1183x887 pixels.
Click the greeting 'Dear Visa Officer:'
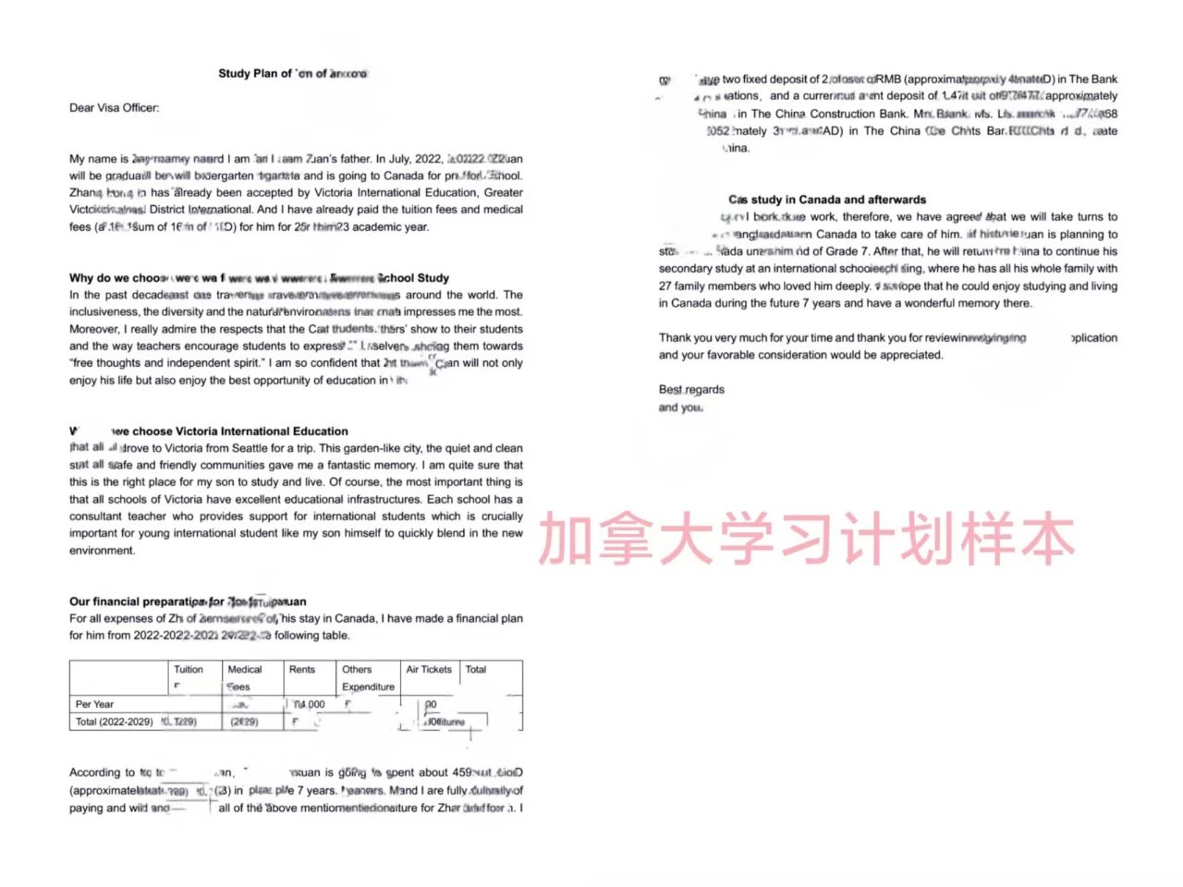pos(114,108)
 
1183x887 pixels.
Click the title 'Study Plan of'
pos(255,73)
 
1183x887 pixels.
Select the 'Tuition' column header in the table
pos(189,670)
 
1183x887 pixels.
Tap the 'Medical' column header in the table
pos(244,670)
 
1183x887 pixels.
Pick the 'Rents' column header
pos(302,670)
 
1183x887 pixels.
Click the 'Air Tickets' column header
pos(429,670)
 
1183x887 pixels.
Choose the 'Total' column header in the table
pos(476,670)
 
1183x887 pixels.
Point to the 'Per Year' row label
pos(94,704)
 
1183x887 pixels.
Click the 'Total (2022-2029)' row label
pos(114,722)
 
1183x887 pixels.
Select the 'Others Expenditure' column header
pos(367,678)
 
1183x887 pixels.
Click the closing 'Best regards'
pos(691,390)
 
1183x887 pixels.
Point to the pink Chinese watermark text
pos(806,540)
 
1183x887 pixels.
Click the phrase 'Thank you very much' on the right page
pos(712,338)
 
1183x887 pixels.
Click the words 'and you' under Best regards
pos(680,407)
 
